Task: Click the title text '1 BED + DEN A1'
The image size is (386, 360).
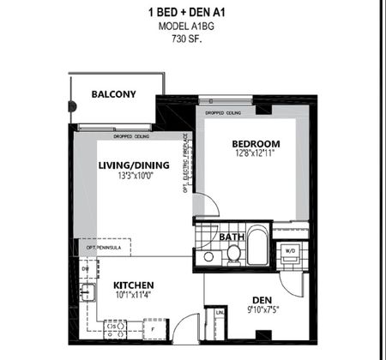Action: point(192,13)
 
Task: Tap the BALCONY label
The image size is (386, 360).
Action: point(114,94)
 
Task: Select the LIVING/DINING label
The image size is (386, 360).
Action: point(134,168)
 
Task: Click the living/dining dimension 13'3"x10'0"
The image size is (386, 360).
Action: point(134,179)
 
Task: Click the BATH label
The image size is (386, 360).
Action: point(231,237)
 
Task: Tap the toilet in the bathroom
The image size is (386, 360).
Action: point(232,254)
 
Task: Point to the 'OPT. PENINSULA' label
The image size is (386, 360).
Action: point(103,248)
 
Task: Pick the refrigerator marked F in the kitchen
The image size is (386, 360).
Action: point(153,327)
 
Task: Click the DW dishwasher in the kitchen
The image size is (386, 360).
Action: point(86,268)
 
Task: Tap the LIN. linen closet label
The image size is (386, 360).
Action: point(220,314)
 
